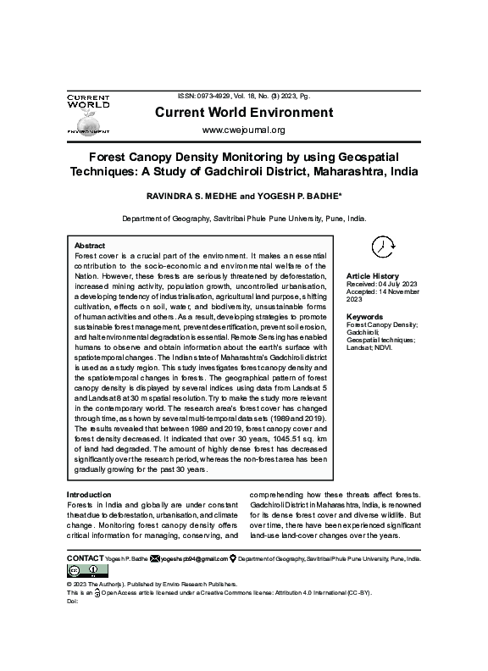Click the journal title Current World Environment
[242, 114]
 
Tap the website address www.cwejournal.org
[243, 130]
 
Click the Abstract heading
[90, 245]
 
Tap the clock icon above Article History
[383, 246]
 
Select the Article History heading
[372, 276]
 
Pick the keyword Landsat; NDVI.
[369, 347]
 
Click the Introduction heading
[89, 495]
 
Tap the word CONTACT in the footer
[85, 560]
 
